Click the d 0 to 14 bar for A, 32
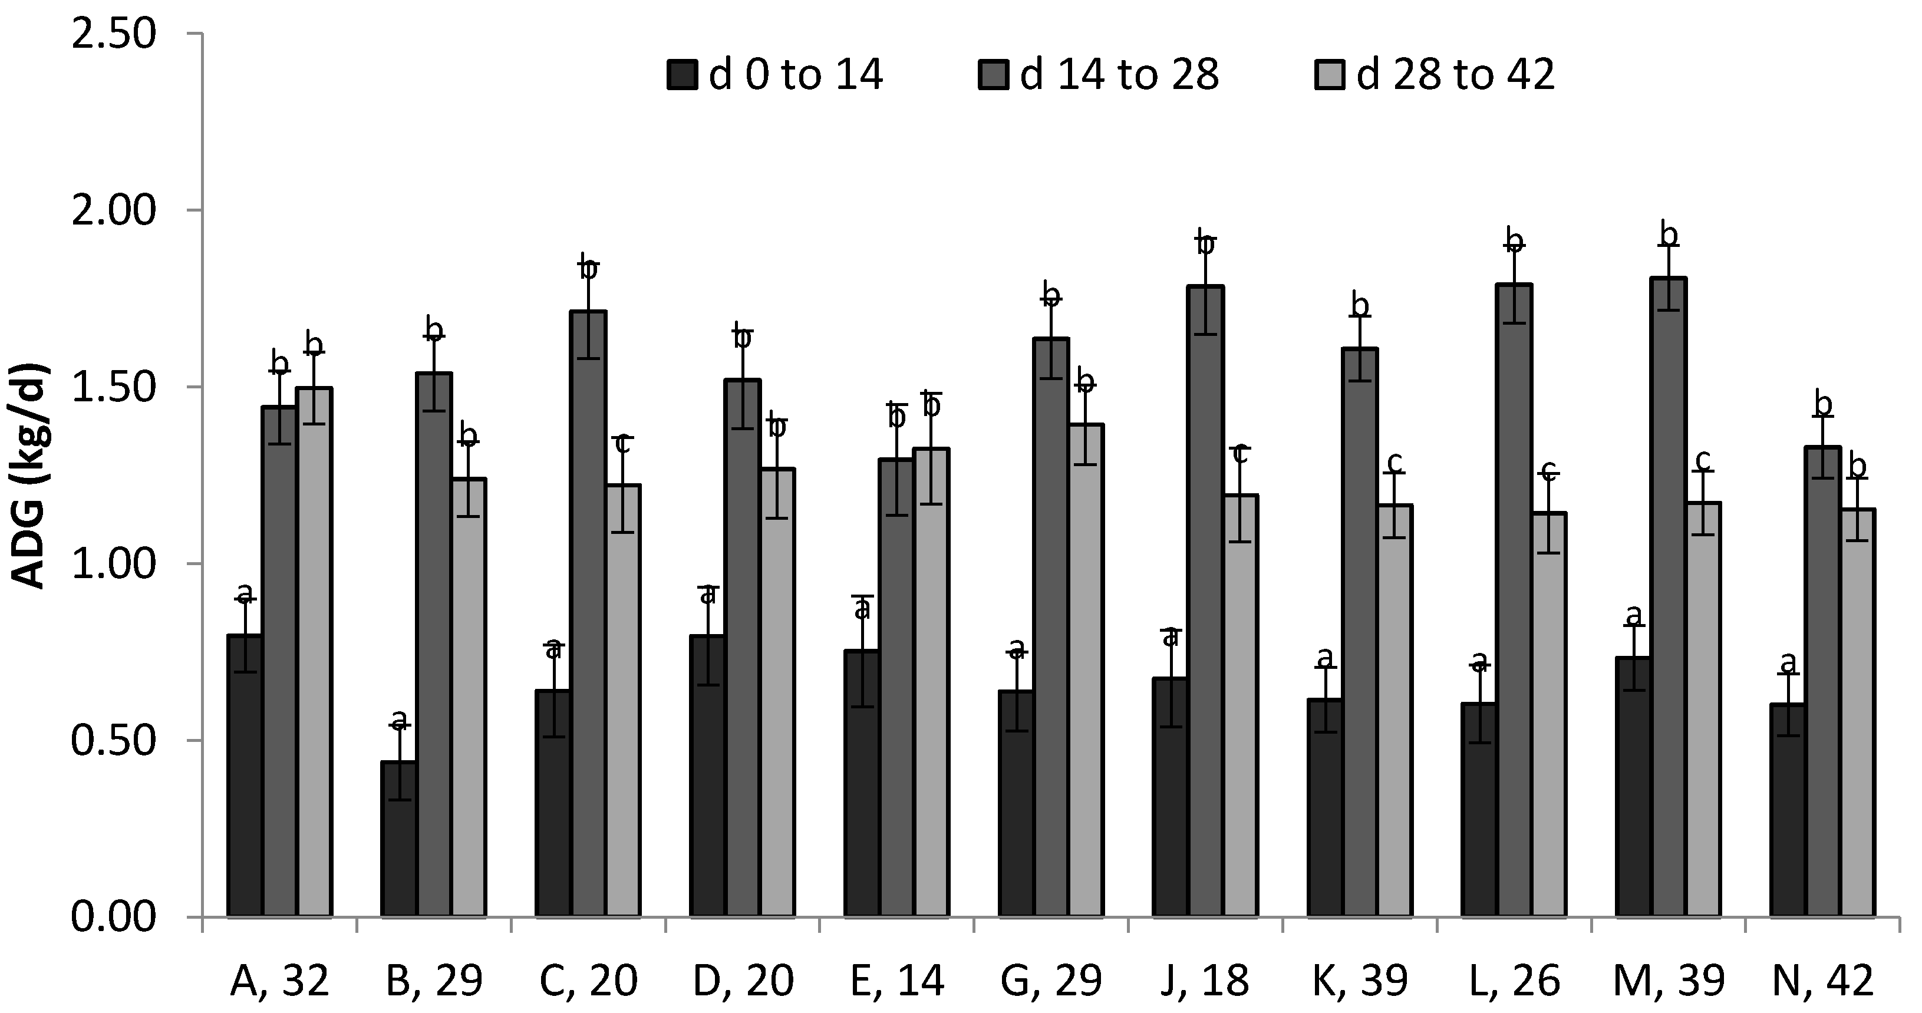click(245, 776)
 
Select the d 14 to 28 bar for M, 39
click(1669, 597)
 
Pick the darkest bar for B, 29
click(399, 839)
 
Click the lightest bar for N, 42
click(1858, 712)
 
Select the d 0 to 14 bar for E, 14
click(862, 783)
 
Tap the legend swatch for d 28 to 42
click(1329, 75)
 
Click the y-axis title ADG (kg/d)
click(30, 477)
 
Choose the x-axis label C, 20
click(588, 982)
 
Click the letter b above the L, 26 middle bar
click(1514, 240)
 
